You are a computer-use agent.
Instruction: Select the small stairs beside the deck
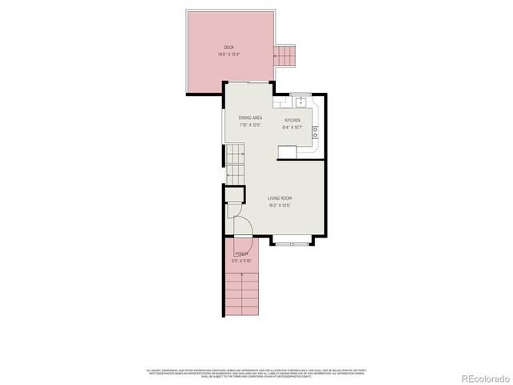click(x=285, y=55)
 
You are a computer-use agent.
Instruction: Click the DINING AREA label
click(x=250, y=119)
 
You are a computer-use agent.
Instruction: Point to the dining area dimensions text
click(x=250, y=125)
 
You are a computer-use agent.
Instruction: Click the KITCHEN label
click(x=293, y=120)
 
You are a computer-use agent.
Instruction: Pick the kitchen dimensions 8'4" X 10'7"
click(x=293, y=127)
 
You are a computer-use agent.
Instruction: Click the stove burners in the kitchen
click(x=315, y=132)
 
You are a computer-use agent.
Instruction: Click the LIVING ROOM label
click(x=280, y=198)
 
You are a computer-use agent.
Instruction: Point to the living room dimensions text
click(x=280, y=205)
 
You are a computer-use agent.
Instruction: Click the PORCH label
click(x=241, y=254)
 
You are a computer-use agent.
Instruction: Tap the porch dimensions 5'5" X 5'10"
click(x=241, y=261)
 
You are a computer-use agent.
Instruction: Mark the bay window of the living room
click(x=291, y=239)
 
